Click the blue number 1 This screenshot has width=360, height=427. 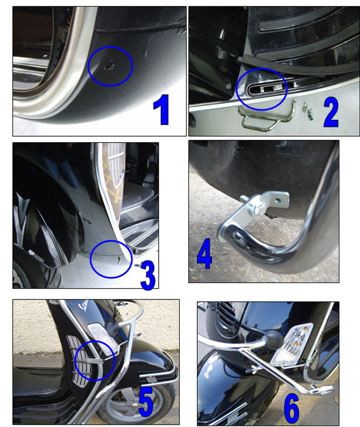point(162,110)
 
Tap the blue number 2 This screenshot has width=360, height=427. point(331,112)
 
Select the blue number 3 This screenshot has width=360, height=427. point(148,275)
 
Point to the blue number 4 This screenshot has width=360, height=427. point(204,254)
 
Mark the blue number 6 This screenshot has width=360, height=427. point(292,408)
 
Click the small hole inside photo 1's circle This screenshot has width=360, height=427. point(109,66)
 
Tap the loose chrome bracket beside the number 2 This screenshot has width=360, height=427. point(308,111)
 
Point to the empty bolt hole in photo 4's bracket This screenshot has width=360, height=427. point(278,200)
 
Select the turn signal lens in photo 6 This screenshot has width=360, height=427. point(292,345)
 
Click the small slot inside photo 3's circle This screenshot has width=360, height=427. point(119,260)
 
